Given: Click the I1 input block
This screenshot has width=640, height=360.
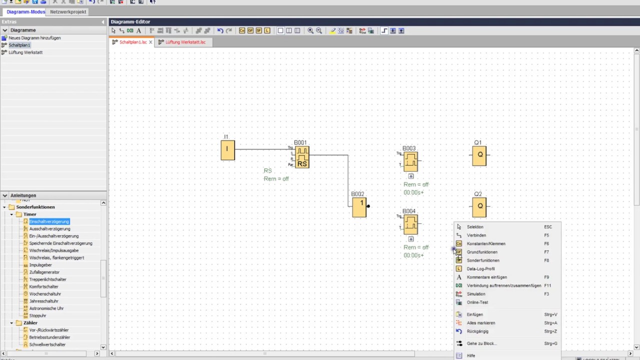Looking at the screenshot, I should [227, 150].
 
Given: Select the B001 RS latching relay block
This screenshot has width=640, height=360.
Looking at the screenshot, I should [302, 157].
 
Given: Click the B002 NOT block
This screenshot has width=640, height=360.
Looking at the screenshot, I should [359, 207].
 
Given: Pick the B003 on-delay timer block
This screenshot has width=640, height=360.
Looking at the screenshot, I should [410, 161].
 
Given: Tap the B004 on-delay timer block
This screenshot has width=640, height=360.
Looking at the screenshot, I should [410, 224].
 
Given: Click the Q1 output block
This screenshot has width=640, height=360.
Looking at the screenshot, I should [479, 155].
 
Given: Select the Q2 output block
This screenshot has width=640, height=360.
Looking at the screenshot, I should [479, 206].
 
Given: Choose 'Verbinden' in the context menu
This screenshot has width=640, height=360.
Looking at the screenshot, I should [476, 235].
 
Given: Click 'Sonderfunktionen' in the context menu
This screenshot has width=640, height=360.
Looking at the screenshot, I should [483, 260].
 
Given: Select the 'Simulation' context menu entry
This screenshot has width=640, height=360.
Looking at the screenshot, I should [476, 294].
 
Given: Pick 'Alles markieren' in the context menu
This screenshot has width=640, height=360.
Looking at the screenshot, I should [481, 323].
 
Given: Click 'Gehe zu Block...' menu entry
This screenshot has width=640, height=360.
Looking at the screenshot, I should [482, 343].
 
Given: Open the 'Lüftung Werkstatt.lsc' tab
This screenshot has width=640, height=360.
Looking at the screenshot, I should [185, 42].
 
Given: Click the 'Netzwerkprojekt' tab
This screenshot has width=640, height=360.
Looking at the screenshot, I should [68, 11].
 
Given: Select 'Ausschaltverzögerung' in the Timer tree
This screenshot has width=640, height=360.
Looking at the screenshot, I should [49, 228].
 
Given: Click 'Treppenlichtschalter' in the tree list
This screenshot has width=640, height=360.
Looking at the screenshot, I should [47, 279].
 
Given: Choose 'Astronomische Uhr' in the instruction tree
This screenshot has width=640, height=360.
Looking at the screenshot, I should [46, 308].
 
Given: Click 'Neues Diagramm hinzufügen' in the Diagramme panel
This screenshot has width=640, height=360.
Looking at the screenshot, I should [34, 38].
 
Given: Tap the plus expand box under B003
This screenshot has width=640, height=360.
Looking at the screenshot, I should [411, 176].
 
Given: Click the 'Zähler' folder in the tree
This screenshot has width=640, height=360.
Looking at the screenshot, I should [30, 323].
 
